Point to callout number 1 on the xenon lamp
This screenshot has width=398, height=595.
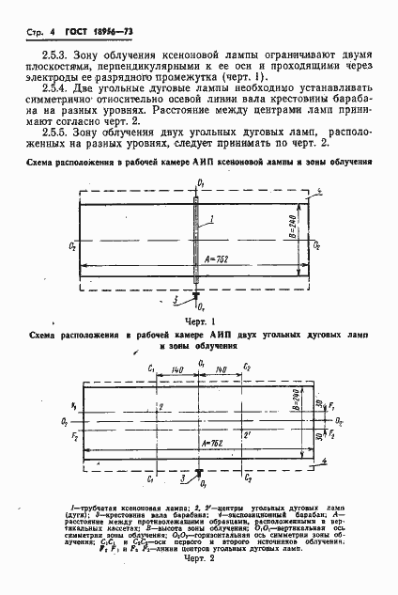[213, 219]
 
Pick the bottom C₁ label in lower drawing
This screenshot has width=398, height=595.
[151, 479]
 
